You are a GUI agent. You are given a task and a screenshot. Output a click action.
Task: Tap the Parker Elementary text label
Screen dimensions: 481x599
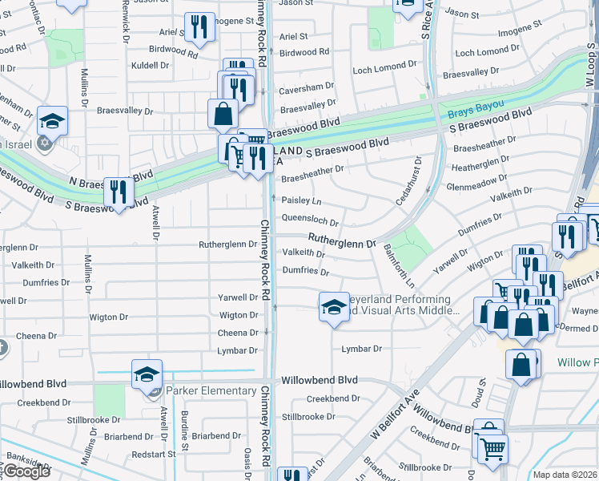point(211,391)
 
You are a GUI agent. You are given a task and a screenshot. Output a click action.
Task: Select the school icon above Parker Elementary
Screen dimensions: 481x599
point(147,374)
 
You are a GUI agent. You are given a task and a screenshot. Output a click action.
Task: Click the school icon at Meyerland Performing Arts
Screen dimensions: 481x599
point(334,306)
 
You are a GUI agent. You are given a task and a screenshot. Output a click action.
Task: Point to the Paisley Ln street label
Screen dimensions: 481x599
point(302,200)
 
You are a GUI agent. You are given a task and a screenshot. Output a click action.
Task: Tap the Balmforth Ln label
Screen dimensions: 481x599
point(398,266)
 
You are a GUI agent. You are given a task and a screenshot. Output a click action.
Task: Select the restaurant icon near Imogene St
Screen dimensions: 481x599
point(199,26)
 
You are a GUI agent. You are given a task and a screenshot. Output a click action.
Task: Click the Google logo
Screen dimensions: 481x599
point(26,471)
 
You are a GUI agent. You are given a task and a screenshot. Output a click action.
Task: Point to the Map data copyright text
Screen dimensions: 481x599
point(565,475)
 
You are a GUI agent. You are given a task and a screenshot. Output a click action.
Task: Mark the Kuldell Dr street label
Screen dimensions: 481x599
point(152,64)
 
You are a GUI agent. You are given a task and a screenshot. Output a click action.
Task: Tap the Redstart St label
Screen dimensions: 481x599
point(154,454)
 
